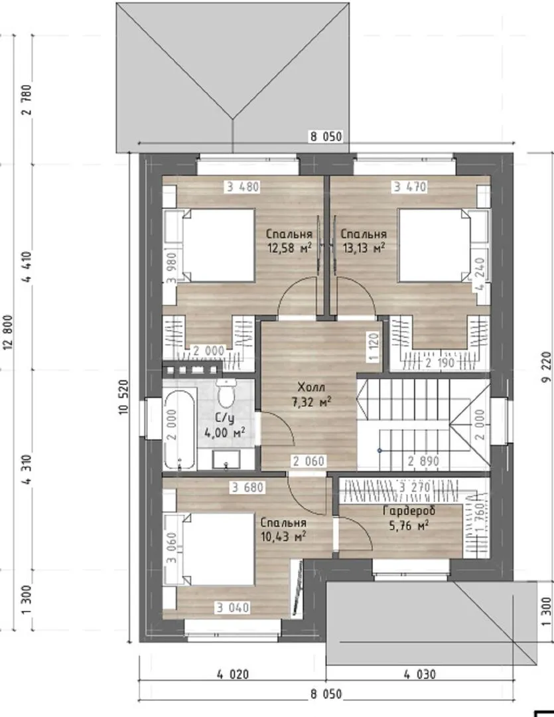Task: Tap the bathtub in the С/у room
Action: [x=180, y=430]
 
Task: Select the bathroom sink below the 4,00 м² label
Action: [x=226, y=459]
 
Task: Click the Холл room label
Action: [x=311, y=387]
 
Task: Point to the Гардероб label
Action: [x=409, y=511]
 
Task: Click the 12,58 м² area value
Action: [x=289, y=248]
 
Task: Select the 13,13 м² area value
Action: [x=363, y=248]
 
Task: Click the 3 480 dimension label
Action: [x=242, y=187]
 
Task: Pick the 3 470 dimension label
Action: [x=410, y=187]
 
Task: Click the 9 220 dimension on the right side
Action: [x=547, y=367]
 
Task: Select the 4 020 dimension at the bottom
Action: [x=233, y=674]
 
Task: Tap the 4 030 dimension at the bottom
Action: [x=419, y=674]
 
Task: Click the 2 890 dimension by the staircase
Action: [x=423, y=461]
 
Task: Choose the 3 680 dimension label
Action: [x=247, y=487]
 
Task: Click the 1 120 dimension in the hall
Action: [x=375, y=347]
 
